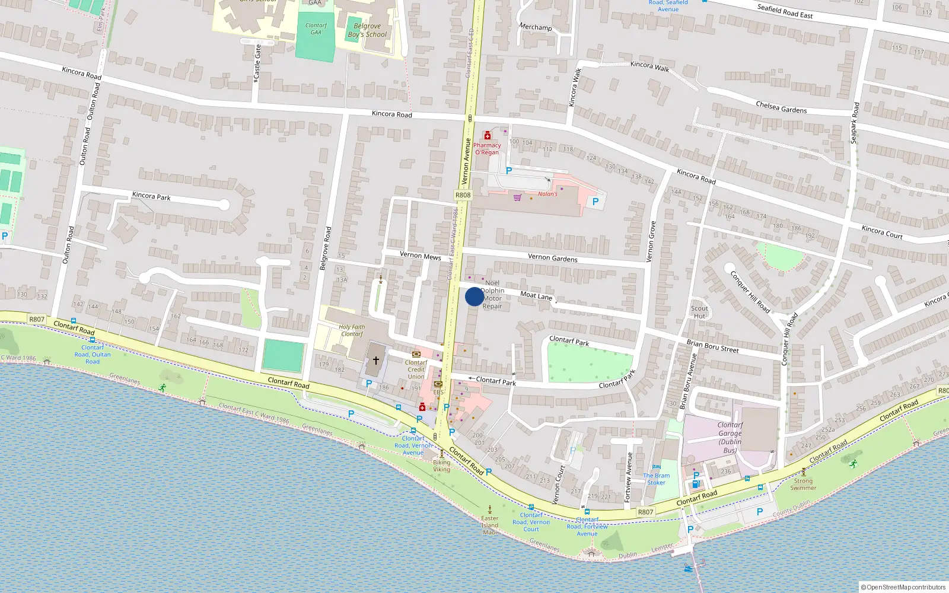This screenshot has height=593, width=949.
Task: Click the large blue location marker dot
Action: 474,296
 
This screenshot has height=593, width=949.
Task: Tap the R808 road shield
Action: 463,195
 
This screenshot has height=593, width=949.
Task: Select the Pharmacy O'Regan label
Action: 487,149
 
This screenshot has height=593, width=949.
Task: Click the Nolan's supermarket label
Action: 547,194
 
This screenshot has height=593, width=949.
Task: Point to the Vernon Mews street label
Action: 420,256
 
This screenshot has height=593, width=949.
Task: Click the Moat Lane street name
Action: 536,295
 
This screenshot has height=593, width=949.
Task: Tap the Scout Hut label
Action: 699,312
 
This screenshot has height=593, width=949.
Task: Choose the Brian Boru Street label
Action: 712,346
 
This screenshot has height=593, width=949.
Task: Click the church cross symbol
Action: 375,360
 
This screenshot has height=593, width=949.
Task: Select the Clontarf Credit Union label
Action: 416,369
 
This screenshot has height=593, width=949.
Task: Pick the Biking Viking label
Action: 441,466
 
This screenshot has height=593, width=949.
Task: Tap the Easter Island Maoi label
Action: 490,525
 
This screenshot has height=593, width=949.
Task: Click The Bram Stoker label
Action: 656,479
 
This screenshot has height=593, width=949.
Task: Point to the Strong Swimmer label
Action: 803,484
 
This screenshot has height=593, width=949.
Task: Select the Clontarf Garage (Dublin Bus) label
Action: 730,438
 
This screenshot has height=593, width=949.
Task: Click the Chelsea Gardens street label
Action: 781,107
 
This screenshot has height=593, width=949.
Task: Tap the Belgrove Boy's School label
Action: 367,30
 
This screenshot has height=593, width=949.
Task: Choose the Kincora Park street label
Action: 151,196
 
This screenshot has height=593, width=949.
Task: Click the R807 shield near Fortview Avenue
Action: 645,512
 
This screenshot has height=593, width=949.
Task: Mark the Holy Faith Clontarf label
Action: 352,330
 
